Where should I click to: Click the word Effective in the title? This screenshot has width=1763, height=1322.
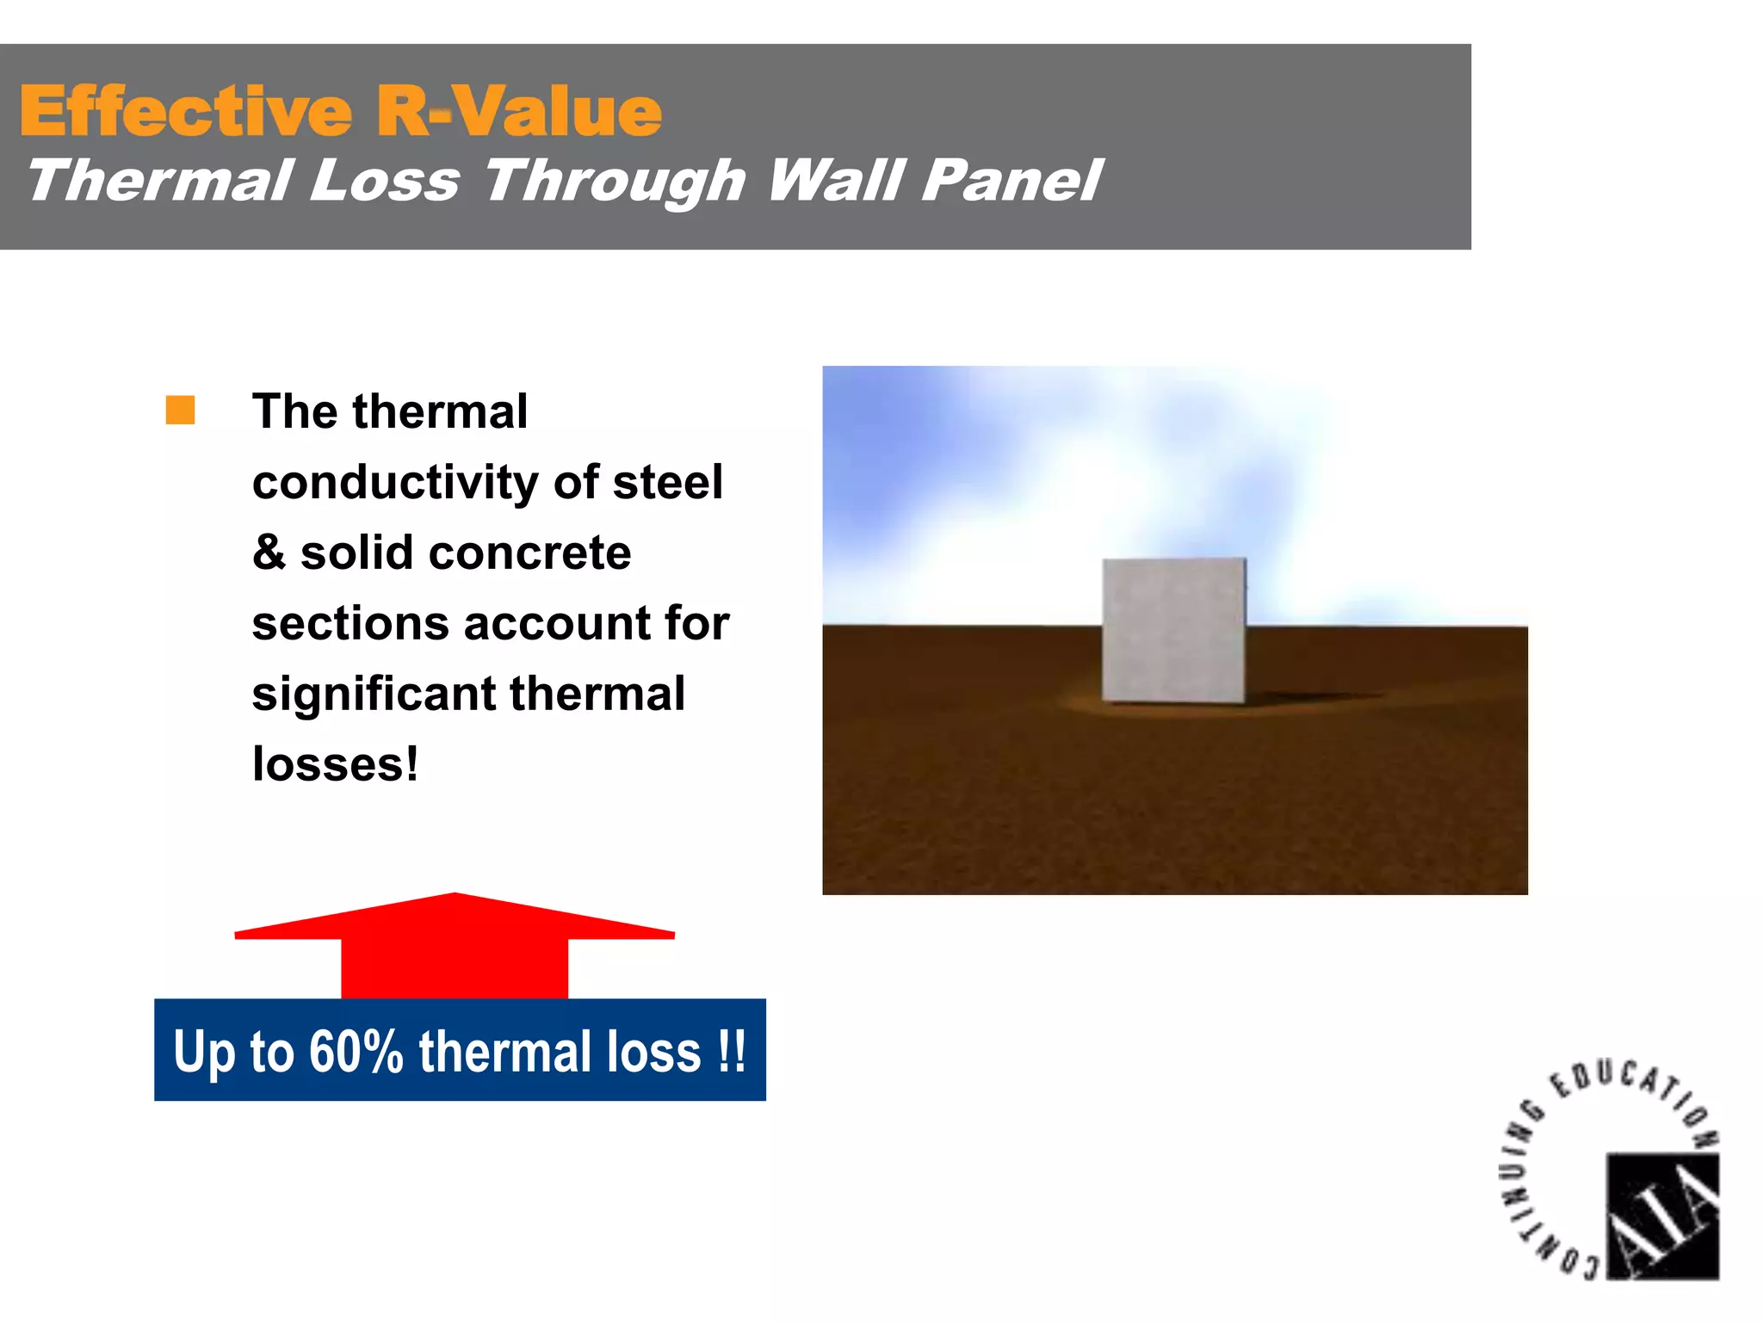(x=186, y=112)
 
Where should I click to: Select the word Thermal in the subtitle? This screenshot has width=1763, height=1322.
(x=158, y=182)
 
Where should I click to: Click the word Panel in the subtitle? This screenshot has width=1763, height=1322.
(x=1011, y=182)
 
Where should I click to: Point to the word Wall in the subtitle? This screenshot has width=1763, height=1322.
(x=834, y=182)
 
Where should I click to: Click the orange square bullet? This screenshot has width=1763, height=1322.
(x=180, y=411)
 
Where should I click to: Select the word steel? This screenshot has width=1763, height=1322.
(x=667, y=482)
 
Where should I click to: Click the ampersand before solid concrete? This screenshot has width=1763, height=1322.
(x=269, y=553)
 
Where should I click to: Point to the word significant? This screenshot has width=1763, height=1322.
(x=374, y=694)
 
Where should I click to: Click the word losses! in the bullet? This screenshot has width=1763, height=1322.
(x=335, y=764)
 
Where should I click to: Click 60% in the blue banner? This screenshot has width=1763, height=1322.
(x=356, y=1052)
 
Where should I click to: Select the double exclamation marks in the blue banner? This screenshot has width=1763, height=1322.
(x=732, y=1052)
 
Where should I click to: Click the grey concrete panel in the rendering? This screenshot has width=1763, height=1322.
(x=1173, y=630)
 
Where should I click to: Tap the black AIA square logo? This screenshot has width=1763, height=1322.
(x=1662, y=1216)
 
